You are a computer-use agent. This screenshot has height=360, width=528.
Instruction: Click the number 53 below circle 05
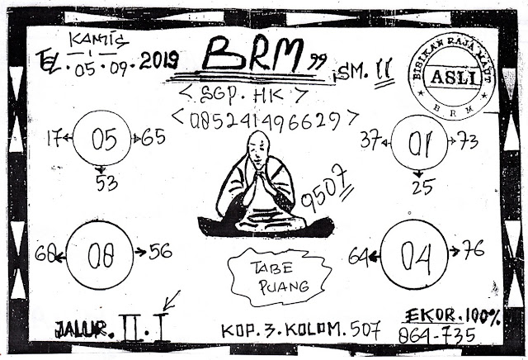(x=106, y=183)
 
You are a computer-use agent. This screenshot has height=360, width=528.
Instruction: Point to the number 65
(x=153, y=137)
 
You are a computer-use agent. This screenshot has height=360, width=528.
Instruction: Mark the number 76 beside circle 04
(x=473, y=249)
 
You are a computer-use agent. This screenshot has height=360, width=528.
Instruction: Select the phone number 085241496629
(x=265, y=119)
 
